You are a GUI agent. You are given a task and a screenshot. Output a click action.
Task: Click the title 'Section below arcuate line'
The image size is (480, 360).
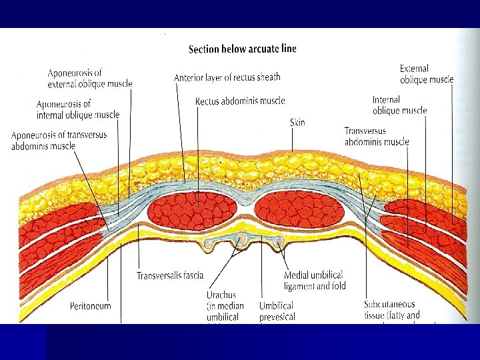pyautogui.click(x=243, y=49)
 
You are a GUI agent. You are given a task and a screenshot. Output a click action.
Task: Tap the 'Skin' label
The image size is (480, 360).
pyautogui.click(x=297, y=123)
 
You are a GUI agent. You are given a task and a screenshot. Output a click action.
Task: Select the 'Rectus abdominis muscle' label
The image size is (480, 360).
pyautogui.click(x=240, y=101)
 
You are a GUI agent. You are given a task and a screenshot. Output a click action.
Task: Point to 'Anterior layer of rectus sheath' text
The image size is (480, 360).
pyautogui.click(x=227, y=77)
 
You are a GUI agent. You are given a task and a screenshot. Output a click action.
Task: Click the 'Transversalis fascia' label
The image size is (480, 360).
pyautogui.click(x=170, y=275)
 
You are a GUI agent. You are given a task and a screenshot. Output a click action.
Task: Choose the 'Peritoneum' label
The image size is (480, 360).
pyautogui.click(x=90, y=306)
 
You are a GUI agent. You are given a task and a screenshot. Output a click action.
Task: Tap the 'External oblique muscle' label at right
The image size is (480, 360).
pyautogui.click(x=427, y=74)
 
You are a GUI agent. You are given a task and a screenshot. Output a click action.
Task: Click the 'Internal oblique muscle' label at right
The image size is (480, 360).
pyautogui.click(x=399, y=105)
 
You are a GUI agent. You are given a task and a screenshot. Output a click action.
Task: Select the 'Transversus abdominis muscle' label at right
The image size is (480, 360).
pyautogui.click(x=377, y=136)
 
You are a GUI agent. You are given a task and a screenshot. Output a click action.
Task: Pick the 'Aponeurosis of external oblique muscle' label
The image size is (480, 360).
pyautogui.click(x=90, y=79)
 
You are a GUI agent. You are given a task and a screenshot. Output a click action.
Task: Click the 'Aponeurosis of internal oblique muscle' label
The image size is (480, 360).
pyautogui.click(x=78, y=109)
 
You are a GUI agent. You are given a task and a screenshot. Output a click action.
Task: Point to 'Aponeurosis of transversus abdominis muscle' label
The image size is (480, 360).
pyautogui.click(x=59, y=141)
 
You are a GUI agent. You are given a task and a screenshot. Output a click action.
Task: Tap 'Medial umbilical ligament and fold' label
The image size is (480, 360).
pyautogui.click(x=315, y=280)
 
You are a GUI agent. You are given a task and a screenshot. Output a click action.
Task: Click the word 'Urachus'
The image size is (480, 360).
pyautogui.click(x=221, y=295)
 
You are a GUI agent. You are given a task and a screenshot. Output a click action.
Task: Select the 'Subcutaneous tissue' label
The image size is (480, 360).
pyautogui.click(x=392, y=309)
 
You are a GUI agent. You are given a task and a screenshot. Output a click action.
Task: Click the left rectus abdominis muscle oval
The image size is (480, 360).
pyautogui.click(x=192, y=211)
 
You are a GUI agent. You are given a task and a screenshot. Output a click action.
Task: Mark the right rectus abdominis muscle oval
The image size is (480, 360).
pyautogui.click(x=299, y=209)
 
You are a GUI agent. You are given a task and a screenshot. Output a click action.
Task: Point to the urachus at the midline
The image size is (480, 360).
pyautogui.click(x=241, y=239)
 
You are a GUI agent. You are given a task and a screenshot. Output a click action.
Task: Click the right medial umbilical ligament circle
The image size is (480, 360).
pyautogui.click(x=279, y=242)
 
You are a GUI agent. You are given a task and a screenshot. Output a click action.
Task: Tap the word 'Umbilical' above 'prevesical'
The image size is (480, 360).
pyautogui.click(x=276, y=306)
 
